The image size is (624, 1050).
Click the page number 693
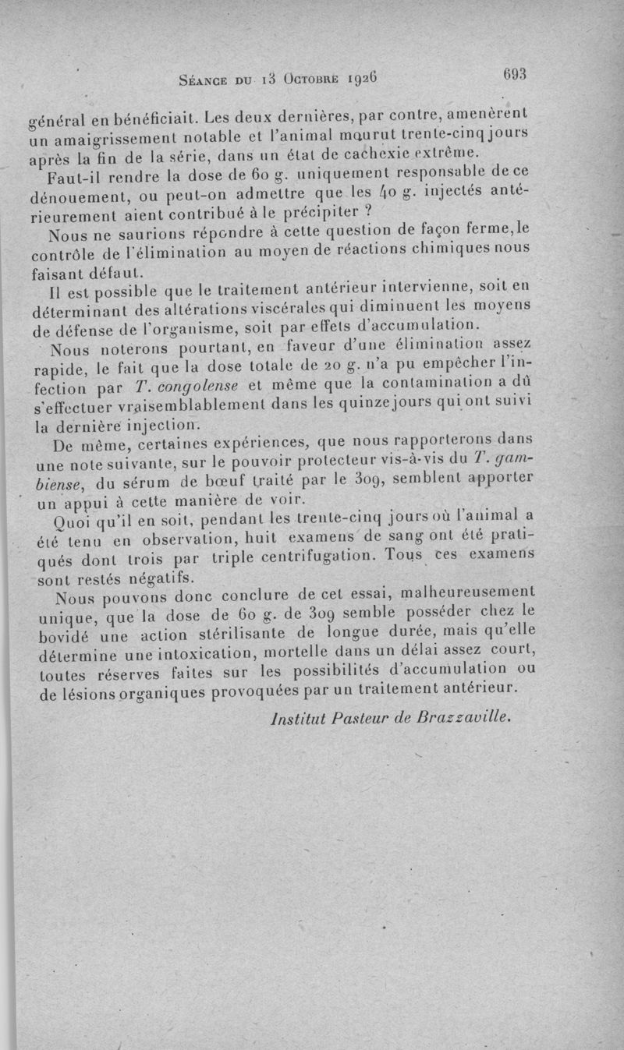(516, 74)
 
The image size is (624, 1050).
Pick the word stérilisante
(278, 635)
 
